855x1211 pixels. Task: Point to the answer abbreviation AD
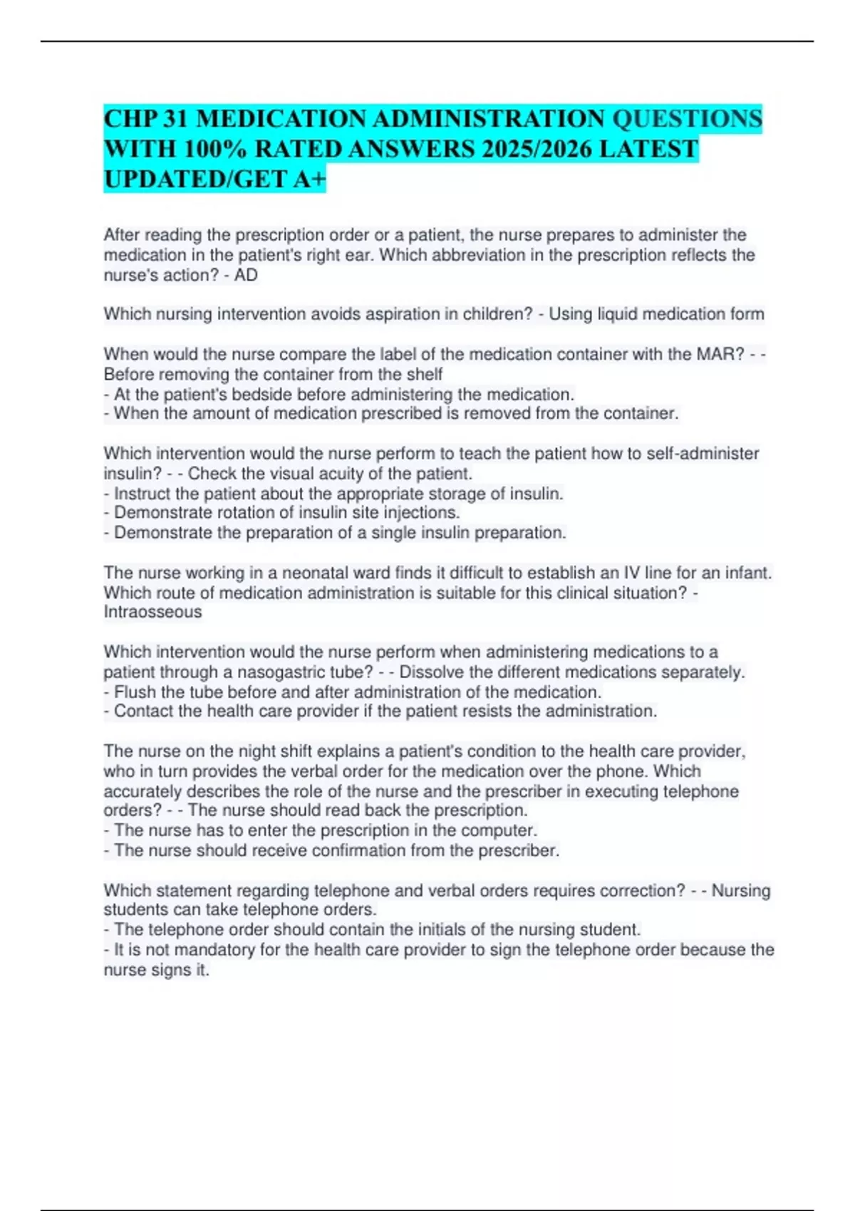coord(246,275)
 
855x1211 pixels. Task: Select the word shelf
coord(426,374)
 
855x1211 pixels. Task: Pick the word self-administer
coord(703,454)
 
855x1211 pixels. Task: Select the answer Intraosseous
coord(152,612)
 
